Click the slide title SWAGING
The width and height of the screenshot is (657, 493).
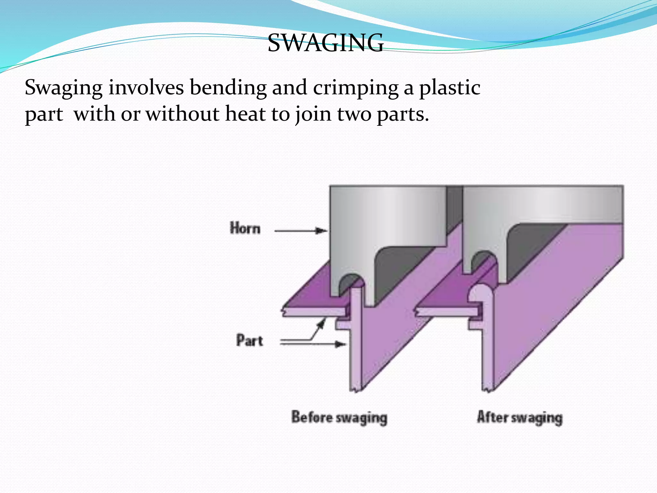pos(325,43)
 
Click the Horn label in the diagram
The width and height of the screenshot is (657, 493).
pos(245,229)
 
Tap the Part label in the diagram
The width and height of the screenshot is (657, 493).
pos(250,341)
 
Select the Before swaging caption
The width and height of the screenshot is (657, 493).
pos(339,418)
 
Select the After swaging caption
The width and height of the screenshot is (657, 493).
pos(520,418)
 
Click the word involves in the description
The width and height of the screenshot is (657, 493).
pos(146,87)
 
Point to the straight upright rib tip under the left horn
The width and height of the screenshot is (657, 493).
pos(357,292)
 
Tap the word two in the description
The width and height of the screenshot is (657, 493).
pos(354,114)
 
